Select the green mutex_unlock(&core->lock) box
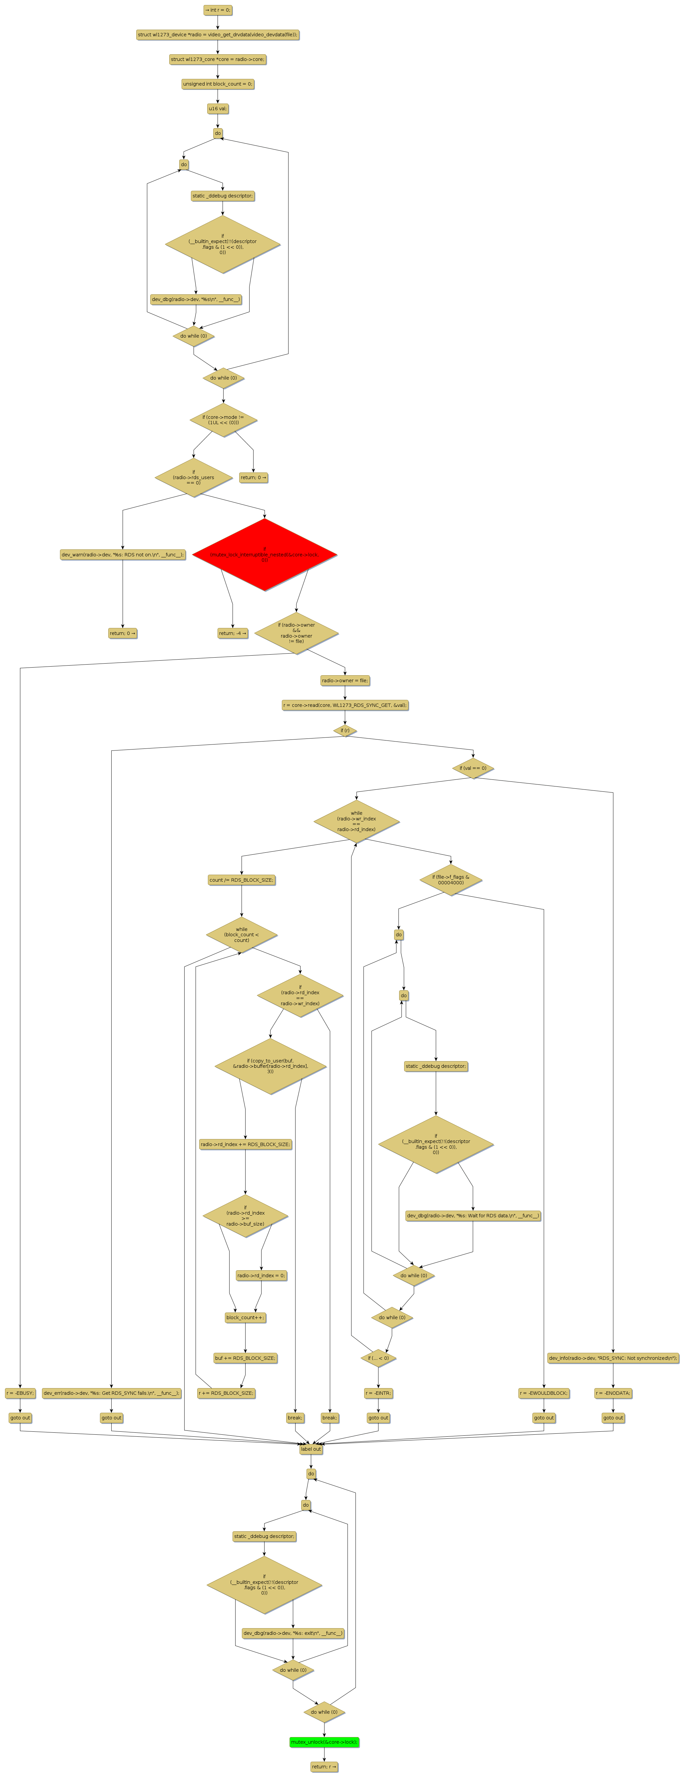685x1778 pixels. point(324,1742)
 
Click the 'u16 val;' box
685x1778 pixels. point(218,108)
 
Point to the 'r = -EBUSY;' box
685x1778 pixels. point(20,1393)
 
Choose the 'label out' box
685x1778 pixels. point(311,1449)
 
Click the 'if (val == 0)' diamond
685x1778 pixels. point(473,768)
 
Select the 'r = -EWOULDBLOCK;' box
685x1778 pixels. point(543,1393)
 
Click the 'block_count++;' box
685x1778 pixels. point(245,1317)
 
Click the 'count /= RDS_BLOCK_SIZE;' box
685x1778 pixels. point(242,880)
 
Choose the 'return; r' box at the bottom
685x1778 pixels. point(324,1767)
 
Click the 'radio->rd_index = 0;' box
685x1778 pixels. point(261,1276)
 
